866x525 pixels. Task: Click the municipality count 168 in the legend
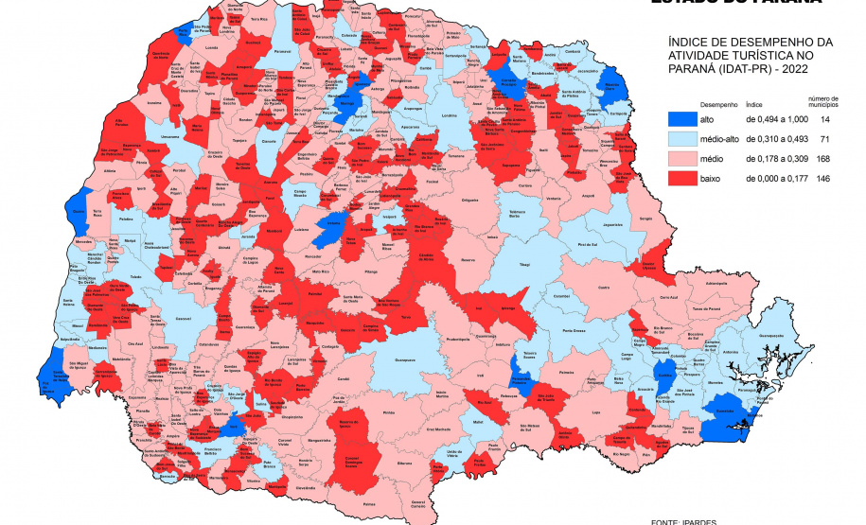coord(822,158)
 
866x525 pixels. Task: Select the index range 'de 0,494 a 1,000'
coord(775,120)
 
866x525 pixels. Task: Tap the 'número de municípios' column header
coord(822,101)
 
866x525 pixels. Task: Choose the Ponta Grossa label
coord(572,331)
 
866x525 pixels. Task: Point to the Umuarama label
coord(170,137)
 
